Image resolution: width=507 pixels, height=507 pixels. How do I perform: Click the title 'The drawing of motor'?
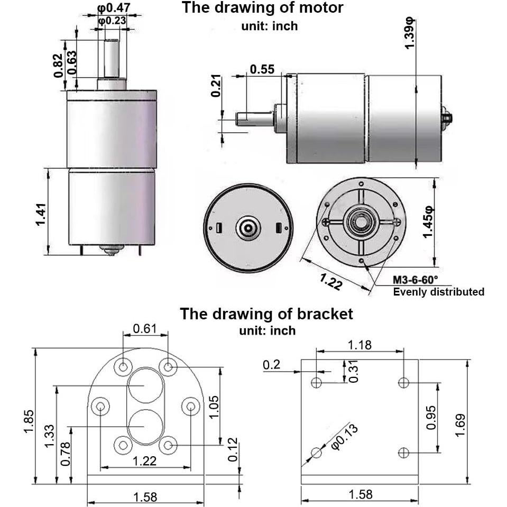tap(262, 8)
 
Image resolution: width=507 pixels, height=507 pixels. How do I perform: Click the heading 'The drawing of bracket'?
tap(266, 314)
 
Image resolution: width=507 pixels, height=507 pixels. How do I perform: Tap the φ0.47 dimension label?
tap(114, 8)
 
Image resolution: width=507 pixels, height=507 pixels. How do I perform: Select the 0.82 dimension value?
tap(59, 65)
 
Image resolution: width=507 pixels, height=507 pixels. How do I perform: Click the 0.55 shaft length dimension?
tap(262, 69)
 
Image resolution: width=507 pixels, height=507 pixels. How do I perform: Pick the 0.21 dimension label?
tap(216, 86)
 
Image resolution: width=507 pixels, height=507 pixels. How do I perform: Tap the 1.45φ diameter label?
tap(429, 222)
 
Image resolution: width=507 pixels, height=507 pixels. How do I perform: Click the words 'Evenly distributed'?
tap(438, 292)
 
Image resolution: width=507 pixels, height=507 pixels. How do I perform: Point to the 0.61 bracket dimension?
tap(144, 329)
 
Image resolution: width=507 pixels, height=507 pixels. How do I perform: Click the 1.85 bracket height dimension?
tap(29, 421)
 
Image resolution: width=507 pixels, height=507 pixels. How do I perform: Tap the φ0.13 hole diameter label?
tap(344, 437)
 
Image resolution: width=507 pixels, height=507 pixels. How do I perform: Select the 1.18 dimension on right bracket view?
tap(359, 345)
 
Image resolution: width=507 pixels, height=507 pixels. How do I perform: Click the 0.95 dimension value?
tap(431, 417)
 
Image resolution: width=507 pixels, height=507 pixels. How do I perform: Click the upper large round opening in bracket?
tap(144, 385)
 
